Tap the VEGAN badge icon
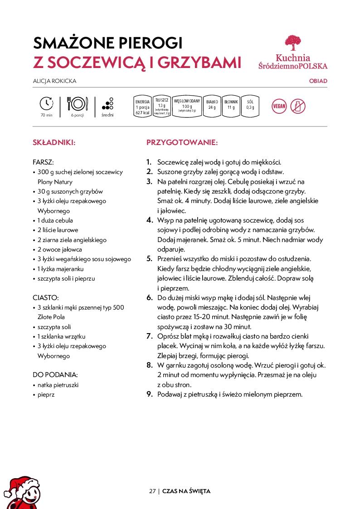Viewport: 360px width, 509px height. [x=279, y=107]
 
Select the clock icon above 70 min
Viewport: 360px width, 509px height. [x=47, y=104]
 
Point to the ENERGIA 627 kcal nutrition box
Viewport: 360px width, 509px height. [x=142, y=107]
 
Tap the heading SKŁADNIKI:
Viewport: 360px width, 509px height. [x=54, y=142]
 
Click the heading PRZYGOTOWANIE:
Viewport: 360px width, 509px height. [x=182, y=142]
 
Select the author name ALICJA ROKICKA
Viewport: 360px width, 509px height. [x=54, y=81]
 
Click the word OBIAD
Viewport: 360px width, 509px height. [x=318, y=81]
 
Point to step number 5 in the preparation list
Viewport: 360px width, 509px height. [x=149, y=259]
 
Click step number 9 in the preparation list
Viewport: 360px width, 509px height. [x=149, y=394]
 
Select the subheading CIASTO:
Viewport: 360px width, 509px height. [x=46, y=298]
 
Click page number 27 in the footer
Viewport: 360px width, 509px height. [x=152, y=491]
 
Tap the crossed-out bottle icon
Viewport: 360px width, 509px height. [x=298, y=107]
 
